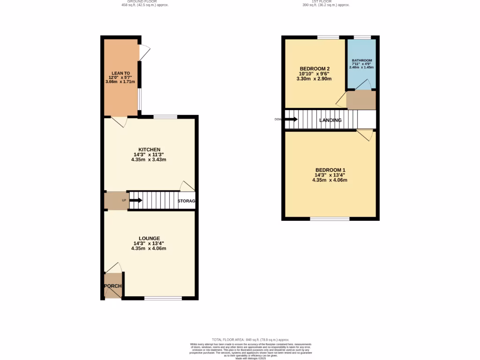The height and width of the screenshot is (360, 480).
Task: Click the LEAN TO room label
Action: pos(120,73)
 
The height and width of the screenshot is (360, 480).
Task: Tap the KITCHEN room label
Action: pos(149,150)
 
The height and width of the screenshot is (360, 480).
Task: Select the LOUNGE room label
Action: pos(149,238)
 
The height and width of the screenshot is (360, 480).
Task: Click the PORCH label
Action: pos(112,286)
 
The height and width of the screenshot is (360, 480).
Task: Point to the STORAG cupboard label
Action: pos(187,201)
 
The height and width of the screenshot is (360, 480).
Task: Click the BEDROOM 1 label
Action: pos(330,170)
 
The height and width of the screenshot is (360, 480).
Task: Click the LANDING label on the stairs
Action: pos(330,120)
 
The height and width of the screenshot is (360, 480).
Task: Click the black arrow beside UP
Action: pos(136,201)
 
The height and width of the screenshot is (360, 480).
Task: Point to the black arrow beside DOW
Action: pos(291,119)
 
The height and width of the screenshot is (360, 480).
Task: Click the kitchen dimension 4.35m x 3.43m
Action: pos(149,160)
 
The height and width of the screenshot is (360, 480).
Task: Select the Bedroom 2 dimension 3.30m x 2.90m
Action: pos(314,79)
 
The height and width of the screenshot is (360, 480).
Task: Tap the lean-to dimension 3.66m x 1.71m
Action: pos(120,82)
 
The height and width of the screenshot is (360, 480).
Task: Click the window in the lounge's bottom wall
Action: pos(163,298)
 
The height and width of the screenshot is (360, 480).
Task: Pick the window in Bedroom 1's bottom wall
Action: pos(330,219)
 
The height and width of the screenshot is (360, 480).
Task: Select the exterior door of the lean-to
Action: pos(143,52)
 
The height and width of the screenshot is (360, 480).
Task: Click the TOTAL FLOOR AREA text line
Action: pos(250,339)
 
